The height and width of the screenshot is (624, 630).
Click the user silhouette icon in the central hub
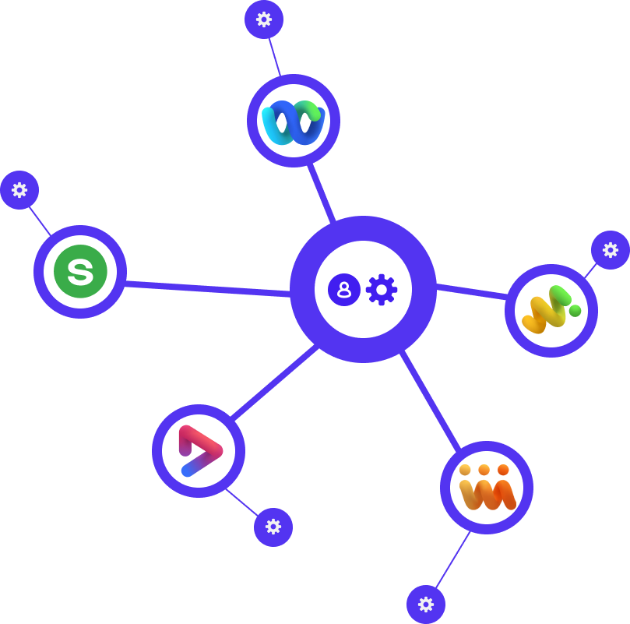(343, 290)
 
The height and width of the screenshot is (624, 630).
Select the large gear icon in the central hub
(381, 290)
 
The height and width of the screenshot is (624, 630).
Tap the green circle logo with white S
(80, 272)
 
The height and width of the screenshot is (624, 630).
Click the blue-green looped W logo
(293, 122)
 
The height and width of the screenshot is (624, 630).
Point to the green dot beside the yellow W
(575, 311)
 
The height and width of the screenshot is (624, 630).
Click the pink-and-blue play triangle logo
(199, 451)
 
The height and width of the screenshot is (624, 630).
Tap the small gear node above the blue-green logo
(264, 19)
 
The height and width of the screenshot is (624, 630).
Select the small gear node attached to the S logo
(19, 189)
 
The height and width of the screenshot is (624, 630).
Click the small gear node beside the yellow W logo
(610, 250)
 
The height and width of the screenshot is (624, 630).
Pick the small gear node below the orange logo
(425, 605)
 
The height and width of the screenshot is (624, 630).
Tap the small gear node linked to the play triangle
(273, 527)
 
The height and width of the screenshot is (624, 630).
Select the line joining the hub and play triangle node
(274, 383)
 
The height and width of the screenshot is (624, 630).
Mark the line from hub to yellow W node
(471, 292)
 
